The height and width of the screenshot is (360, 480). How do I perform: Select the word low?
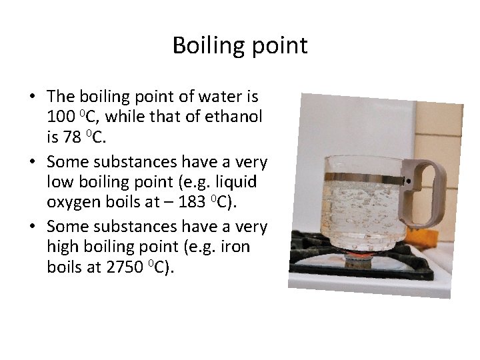tap(60, 181)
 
